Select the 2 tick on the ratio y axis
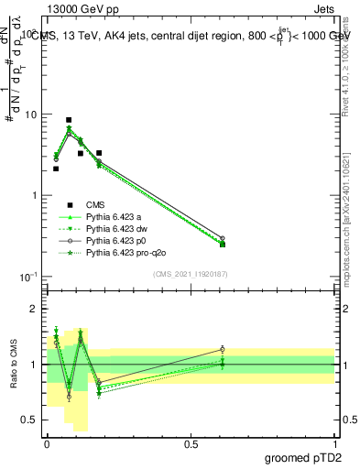coord(34,309)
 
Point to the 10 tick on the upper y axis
coord(31,115)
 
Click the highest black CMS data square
coord(69,120)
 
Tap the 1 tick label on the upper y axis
coord(34,196)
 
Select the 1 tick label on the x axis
coord(334,444)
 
